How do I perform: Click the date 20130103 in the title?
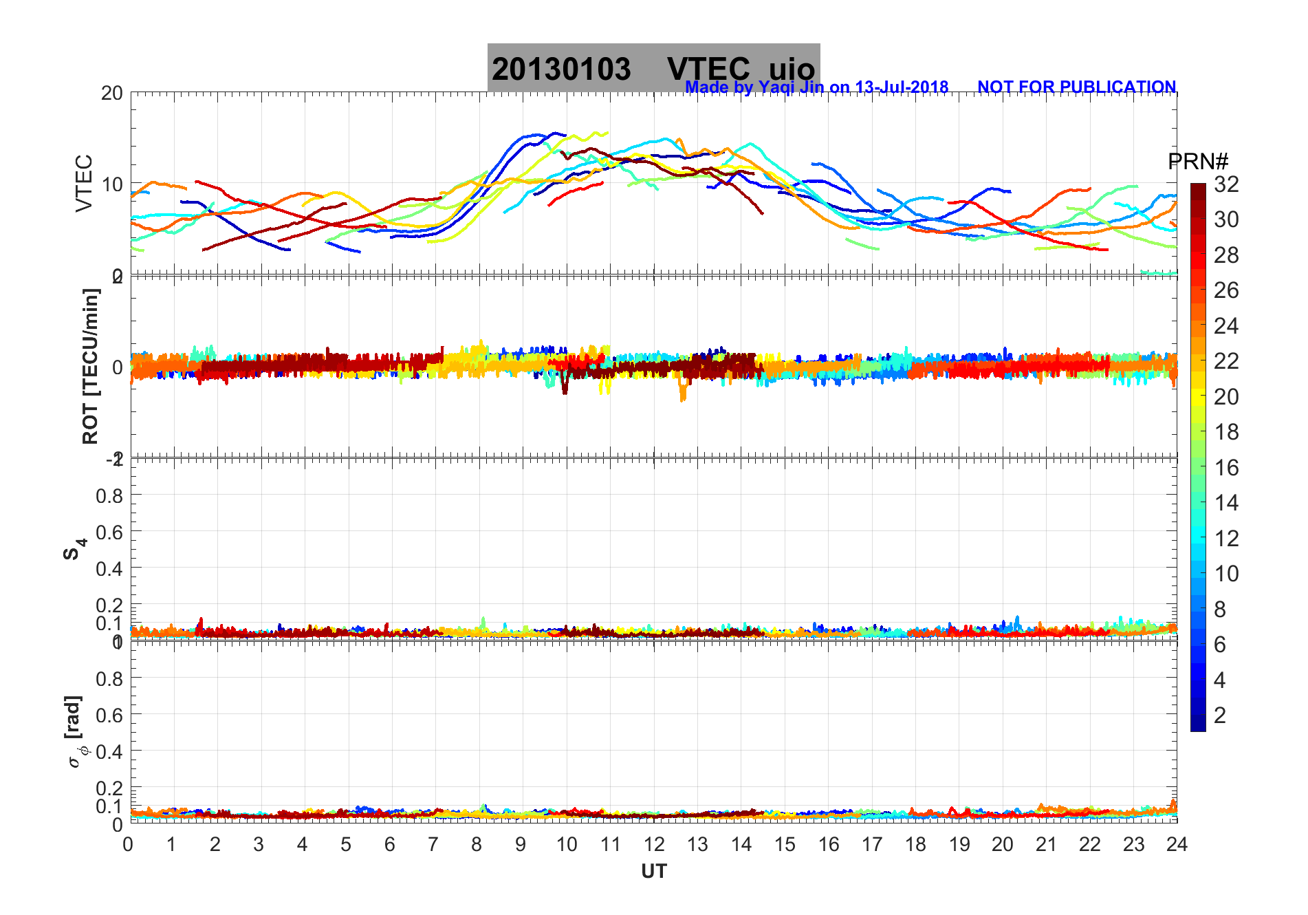coord(561,69)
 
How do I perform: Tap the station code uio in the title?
coord(792,69)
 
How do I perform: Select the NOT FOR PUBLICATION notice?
coord(1076,87)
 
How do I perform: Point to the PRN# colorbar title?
coord(1198,162)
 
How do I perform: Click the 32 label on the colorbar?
coord(1226,184)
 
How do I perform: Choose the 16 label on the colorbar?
coord(1226,468)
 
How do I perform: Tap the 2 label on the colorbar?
coord(1220,715)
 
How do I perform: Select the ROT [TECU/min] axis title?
coord(90,366)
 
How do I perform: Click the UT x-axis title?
coord(654,872)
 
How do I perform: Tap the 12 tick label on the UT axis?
coord(654,845)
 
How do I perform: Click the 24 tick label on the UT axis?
coord(1177,845)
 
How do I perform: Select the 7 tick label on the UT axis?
coord(433,845)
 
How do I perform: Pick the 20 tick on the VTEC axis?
coord(111,94)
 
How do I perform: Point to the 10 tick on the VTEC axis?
coord(111,184)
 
